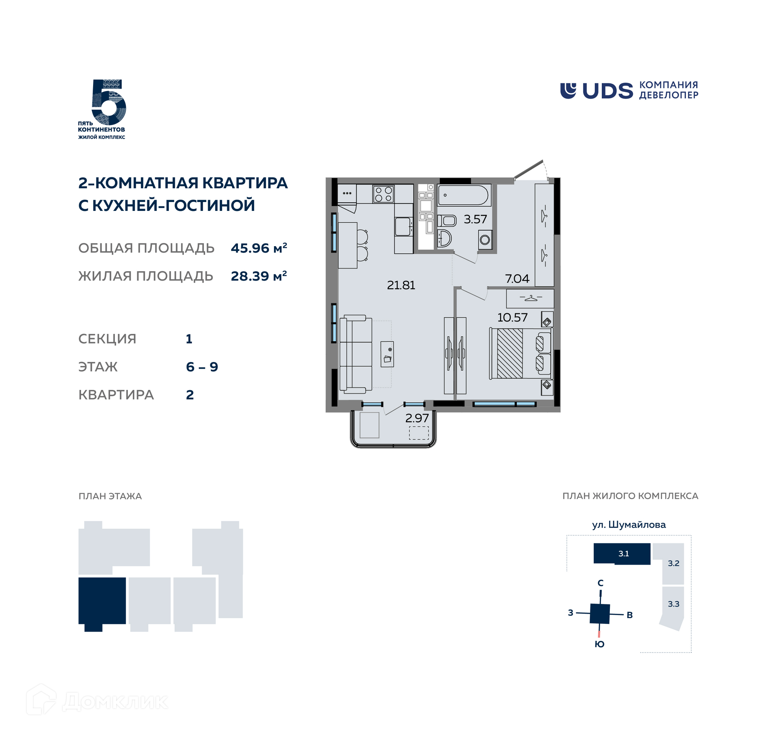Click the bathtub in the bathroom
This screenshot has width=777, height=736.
pyautogui.click(x=464, y=196)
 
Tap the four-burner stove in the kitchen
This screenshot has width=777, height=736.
pyautogui.click(x=383, y=194)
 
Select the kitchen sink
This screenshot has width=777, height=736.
pyautogui.click(x=403, y=226)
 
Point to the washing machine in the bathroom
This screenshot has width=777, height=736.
pyautogui.click(x=485, y=240)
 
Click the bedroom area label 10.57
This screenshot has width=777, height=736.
pyautogui.click(x=512, y=317)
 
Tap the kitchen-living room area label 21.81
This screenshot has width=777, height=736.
pyautogui.click(x=401, y=285)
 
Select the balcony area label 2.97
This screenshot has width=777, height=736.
pyautogui.click(x=417, y=418)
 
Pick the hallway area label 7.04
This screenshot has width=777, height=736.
pyautogui.click(x=517, y=279)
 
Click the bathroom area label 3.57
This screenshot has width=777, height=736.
pyautogui.click(x=475, y=219)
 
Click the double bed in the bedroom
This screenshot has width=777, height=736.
pyautogui.click(x=521, y=353)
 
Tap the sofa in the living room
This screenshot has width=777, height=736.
pyautogui.click(x=356, y=354)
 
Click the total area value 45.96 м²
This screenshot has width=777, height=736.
pyautogui.click(x=259, y=247)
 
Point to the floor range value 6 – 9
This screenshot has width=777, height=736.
pyautogui.click(x=202, y=367)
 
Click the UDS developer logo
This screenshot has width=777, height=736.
pyautogui.click(x=629, y=91)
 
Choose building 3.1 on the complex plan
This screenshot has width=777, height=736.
pyautogui.click(x=622, y=554)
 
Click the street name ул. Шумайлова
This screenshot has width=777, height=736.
pyautogui.click(x=629, y=525)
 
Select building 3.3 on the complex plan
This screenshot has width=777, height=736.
pyautogui.click(x=673, y=607)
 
